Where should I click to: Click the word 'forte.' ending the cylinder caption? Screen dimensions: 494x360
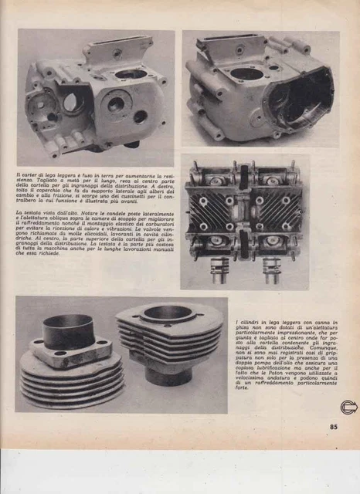[x=245, y=399]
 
